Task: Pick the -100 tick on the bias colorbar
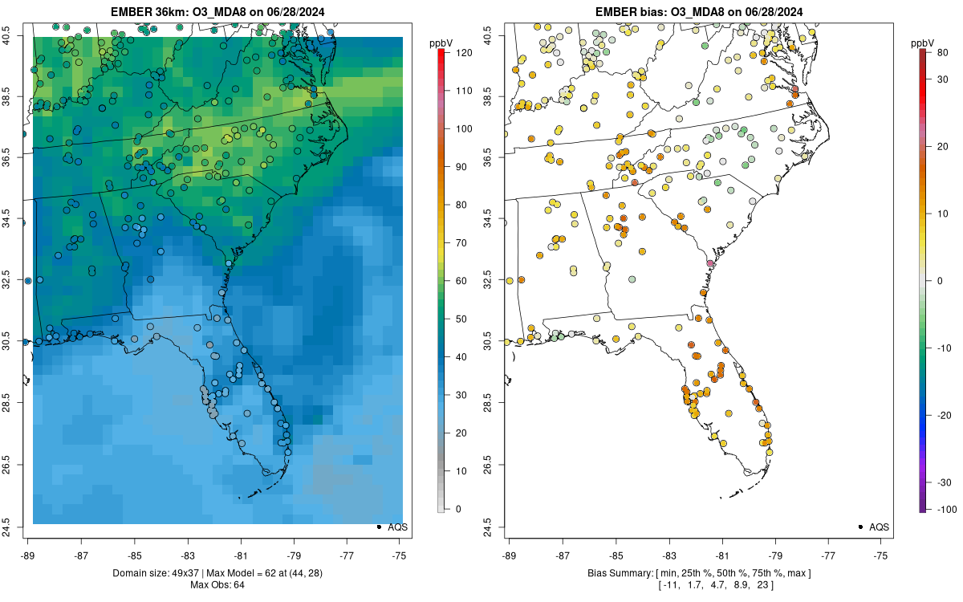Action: pos(941,509)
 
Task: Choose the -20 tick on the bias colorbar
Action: pos(941,414)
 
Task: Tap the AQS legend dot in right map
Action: pos(860,527)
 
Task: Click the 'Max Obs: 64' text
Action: pos(217,584)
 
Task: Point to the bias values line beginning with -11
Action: pos(698,584)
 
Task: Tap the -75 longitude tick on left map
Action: pos(400,554)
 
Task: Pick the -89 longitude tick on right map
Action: pos(510,554)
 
